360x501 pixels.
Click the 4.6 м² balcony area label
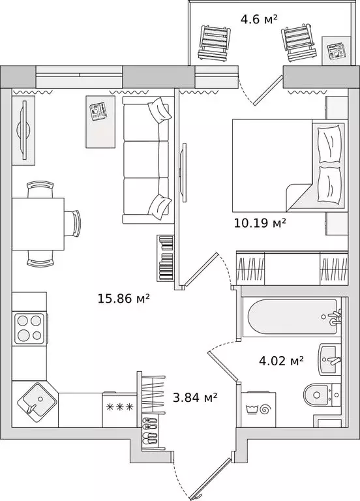coord(259,19)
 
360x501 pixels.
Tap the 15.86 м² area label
coord(124,299)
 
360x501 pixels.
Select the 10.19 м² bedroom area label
coord(260,222)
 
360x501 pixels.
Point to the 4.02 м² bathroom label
coord(281,361)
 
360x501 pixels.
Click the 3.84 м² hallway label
coord(195,397)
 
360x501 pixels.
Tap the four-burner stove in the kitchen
coord(30,328)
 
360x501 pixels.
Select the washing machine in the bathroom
coord(258,410)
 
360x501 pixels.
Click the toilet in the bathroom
coord(322,395)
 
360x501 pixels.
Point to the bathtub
coord(292,316)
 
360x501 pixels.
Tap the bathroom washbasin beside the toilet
coord(329,359)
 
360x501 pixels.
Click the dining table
coord(38,224)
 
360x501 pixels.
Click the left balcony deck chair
coord(215,43)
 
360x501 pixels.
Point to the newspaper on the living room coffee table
coord(98,111)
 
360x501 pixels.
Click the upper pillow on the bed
coord(329,144)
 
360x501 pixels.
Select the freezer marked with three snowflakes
coord(120,410)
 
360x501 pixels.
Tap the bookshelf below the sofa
coord(165,258)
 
